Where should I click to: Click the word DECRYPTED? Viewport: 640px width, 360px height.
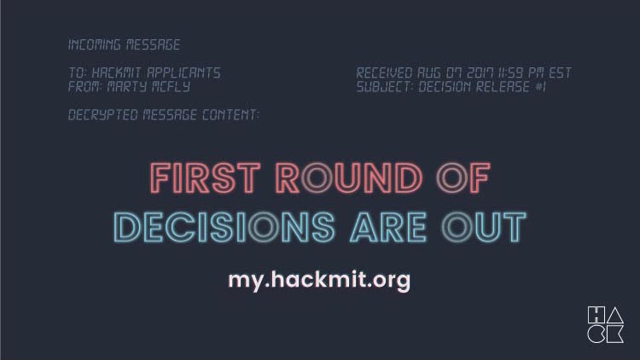point(103,115)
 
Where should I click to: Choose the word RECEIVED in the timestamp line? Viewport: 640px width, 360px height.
point(384,73)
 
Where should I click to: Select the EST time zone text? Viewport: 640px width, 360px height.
point(560,73)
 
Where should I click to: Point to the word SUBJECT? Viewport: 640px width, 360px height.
point(385,86)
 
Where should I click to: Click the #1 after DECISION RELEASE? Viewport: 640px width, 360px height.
point(540,86)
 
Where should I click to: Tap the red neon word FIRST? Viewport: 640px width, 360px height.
point(206,178)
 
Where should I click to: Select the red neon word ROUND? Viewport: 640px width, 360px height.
point(349,178)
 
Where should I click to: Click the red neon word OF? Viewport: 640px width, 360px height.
point(463,178)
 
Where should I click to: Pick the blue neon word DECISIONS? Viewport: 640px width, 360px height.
point(224,227)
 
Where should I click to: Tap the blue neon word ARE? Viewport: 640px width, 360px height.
point(388,227)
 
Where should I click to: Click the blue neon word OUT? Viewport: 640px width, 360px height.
point(484,227)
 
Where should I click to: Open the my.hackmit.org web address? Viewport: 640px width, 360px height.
point(319,281)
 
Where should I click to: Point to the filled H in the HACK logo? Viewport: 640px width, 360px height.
point(596,315)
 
